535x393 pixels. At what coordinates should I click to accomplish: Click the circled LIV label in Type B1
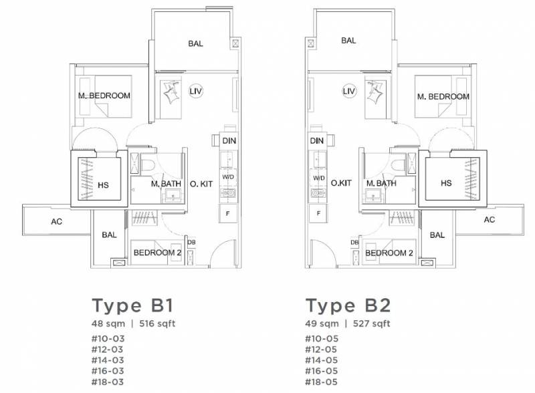195,92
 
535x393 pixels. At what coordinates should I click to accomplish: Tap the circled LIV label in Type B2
348,92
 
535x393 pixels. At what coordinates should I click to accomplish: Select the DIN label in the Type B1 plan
229,140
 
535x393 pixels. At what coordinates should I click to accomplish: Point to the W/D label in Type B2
319,178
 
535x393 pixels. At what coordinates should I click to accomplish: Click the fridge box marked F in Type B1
228,214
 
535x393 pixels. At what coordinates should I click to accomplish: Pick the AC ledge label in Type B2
489,220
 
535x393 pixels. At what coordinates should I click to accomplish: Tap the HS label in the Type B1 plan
103,185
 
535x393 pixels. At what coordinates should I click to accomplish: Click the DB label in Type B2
354,243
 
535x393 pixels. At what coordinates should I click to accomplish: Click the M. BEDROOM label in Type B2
443,97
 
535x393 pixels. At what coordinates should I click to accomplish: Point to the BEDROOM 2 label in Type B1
157,253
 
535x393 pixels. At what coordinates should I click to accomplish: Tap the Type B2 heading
348,305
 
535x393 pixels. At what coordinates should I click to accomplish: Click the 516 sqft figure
157,323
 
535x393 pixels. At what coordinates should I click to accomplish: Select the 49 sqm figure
322,323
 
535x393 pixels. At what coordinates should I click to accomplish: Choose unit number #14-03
108,360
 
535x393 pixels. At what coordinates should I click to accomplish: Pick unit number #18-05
322,382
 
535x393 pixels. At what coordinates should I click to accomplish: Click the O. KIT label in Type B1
201,184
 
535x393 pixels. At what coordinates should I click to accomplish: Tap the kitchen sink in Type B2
318,193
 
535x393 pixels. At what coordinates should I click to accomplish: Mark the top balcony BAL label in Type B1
195,43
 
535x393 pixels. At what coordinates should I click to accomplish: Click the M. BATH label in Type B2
381,184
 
